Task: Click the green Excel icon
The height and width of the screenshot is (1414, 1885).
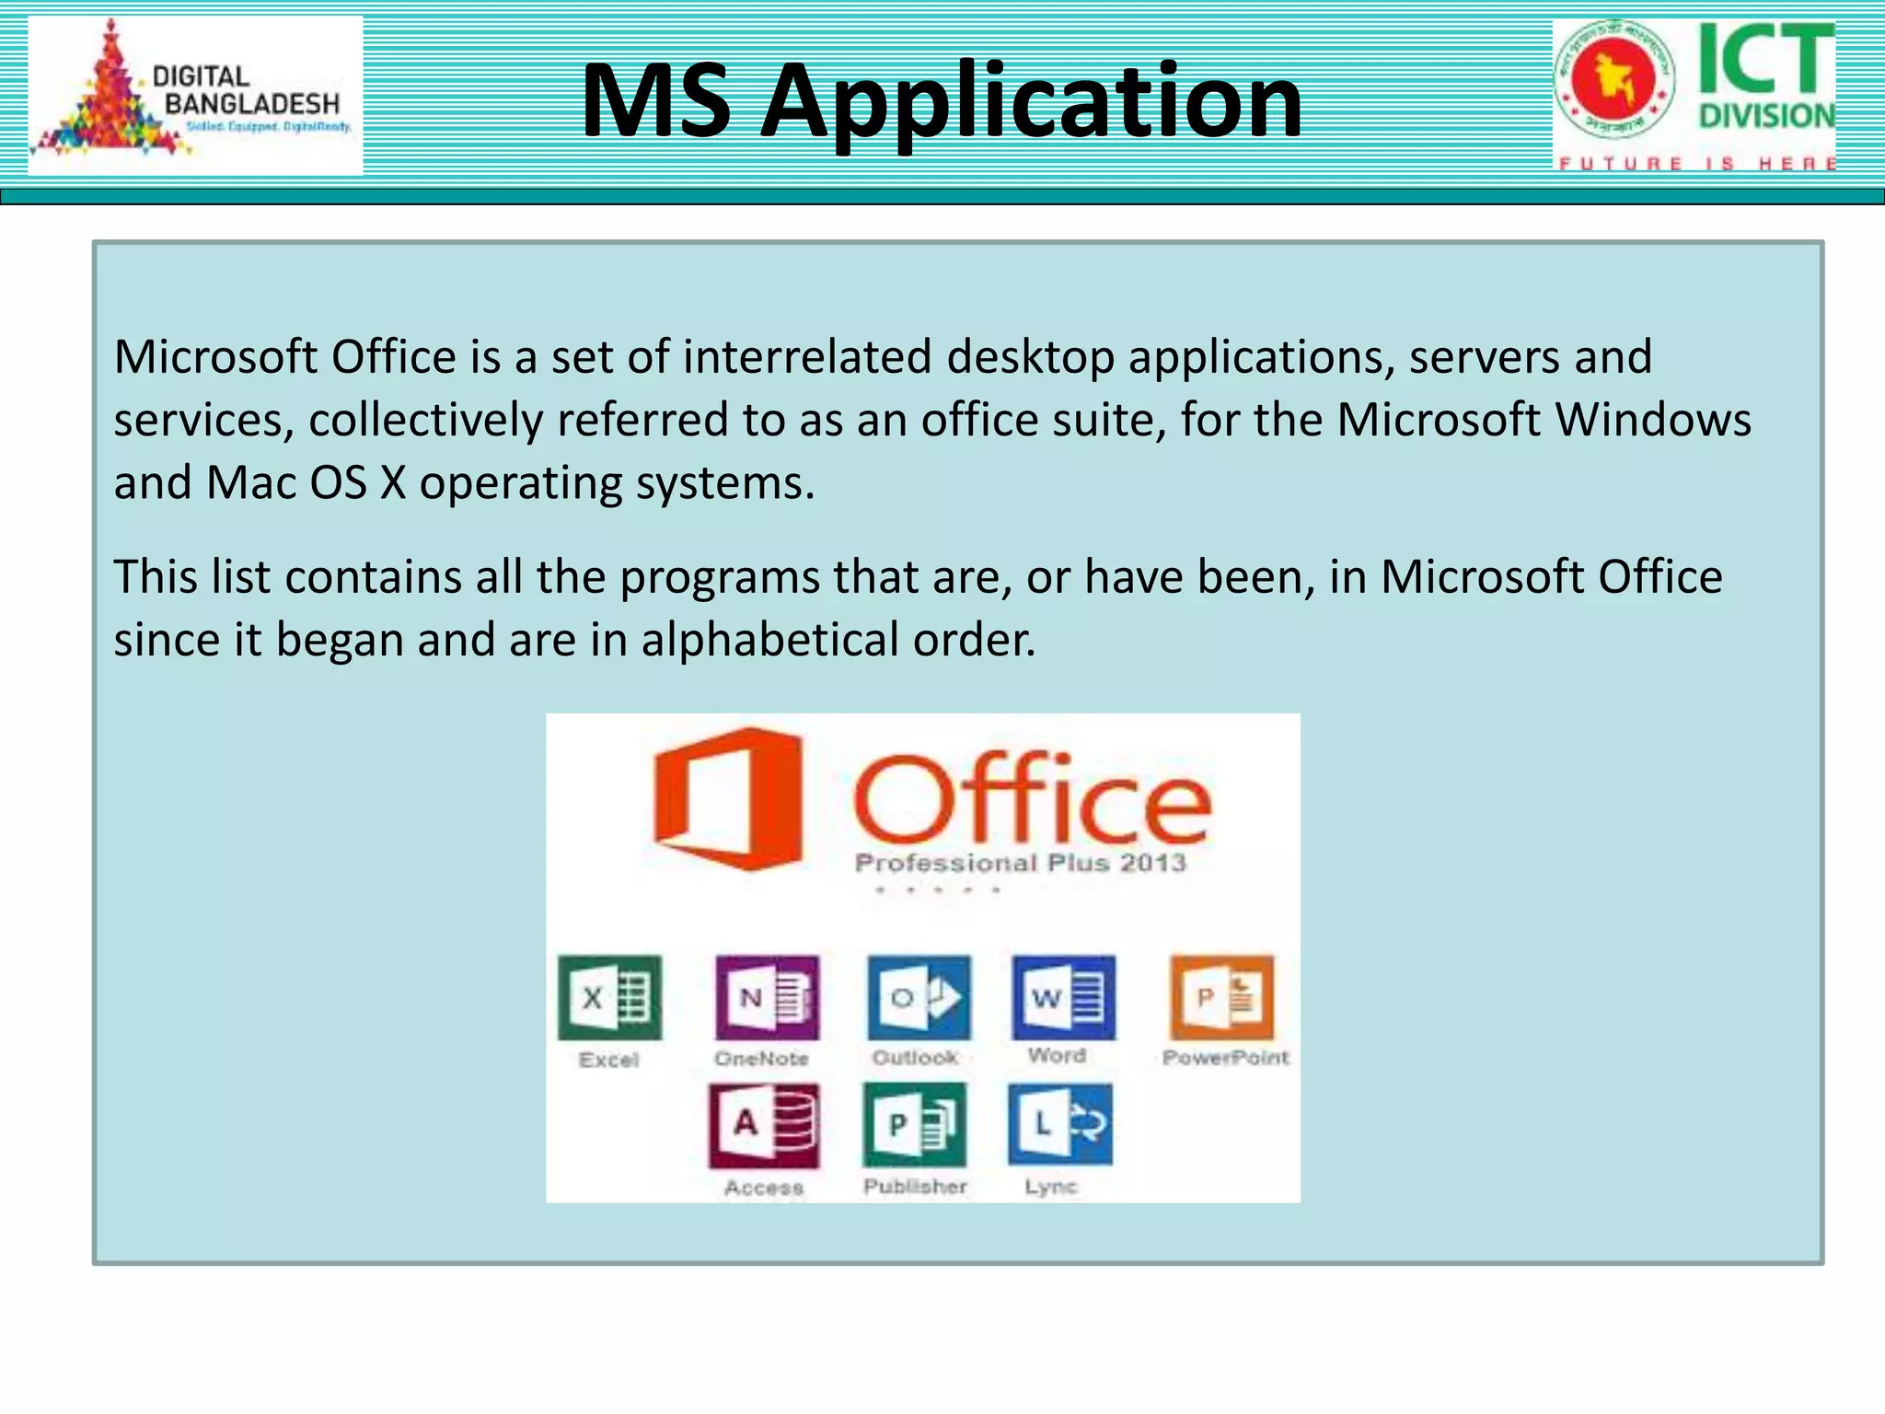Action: click(x=609, y=998)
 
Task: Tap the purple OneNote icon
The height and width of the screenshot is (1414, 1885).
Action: click(x=767, y=998)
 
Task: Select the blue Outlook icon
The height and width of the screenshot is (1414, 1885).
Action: click(x=919, y=998)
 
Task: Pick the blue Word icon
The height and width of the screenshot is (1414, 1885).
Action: click(x=1063, y=997)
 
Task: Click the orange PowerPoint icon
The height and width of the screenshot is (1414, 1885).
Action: click(x=1222, y=997)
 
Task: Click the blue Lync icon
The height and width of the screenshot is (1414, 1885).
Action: click(x=1060, y=1124)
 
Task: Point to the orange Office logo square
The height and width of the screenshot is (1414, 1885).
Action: click(x=727, y=798)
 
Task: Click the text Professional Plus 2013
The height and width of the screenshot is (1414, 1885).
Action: click(x=1021, y=863)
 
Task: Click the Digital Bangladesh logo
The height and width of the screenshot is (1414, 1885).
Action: click(x=195, y=96)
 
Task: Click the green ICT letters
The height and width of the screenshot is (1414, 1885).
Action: click(x=1765, y=59)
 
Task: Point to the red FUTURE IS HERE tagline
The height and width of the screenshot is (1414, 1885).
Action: click(x=1696, y=164)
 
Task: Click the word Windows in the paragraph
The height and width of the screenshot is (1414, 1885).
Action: click(x=1653, y=420)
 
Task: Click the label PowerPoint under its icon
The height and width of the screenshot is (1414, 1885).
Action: click(x=1225, y=1058)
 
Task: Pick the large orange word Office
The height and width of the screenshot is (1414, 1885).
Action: click(x=1032, y=798)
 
